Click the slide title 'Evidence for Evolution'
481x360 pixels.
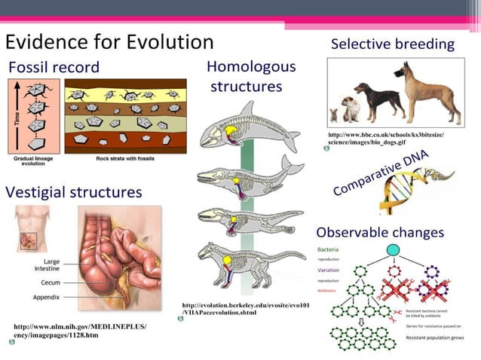pyautogui.click(x=110, y=41)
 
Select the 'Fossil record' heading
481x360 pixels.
pyautogui.click(x=54, y=68)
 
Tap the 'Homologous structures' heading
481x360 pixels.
pyautogui.click(x=250, y=76)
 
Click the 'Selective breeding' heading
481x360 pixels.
pyautogui.click(x=392, y=44)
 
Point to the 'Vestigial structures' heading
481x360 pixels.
pyautogui.click(x=74, y=192)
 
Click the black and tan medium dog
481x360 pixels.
pyautogui.click(x=388, y=102)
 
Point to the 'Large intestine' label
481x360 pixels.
pyautogui.click(x=47, y=264)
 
